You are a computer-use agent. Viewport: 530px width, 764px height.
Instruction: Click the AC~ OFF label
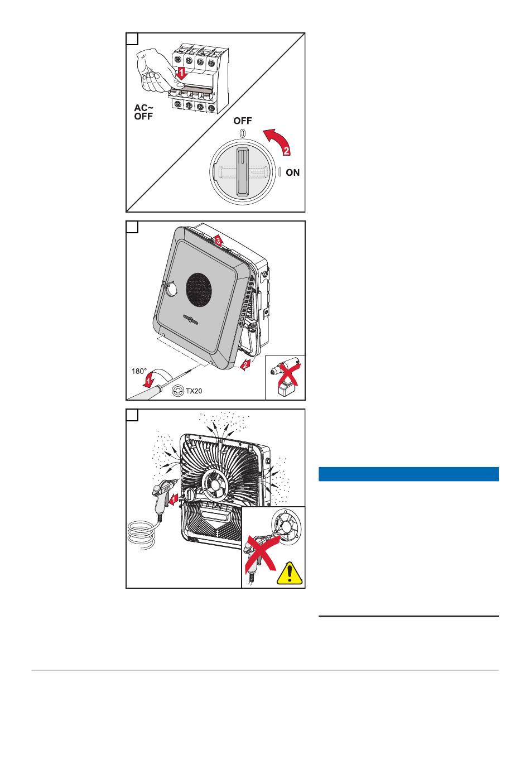[143, 112]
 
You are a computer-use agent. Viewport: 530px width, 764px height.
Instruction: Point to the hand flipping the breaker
[151, 70]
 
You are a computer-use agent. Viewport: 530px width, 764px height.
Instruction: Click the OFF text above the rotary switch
[243, 121]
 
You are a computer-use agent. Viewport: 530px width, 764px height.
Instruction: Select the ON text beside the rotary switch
[292, 173]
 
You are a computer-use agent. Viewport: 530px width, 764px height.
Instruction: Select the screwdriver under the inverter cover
[157, 389]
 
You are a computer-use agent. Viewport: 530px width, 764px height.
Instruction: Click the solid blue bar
[408, 474]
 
